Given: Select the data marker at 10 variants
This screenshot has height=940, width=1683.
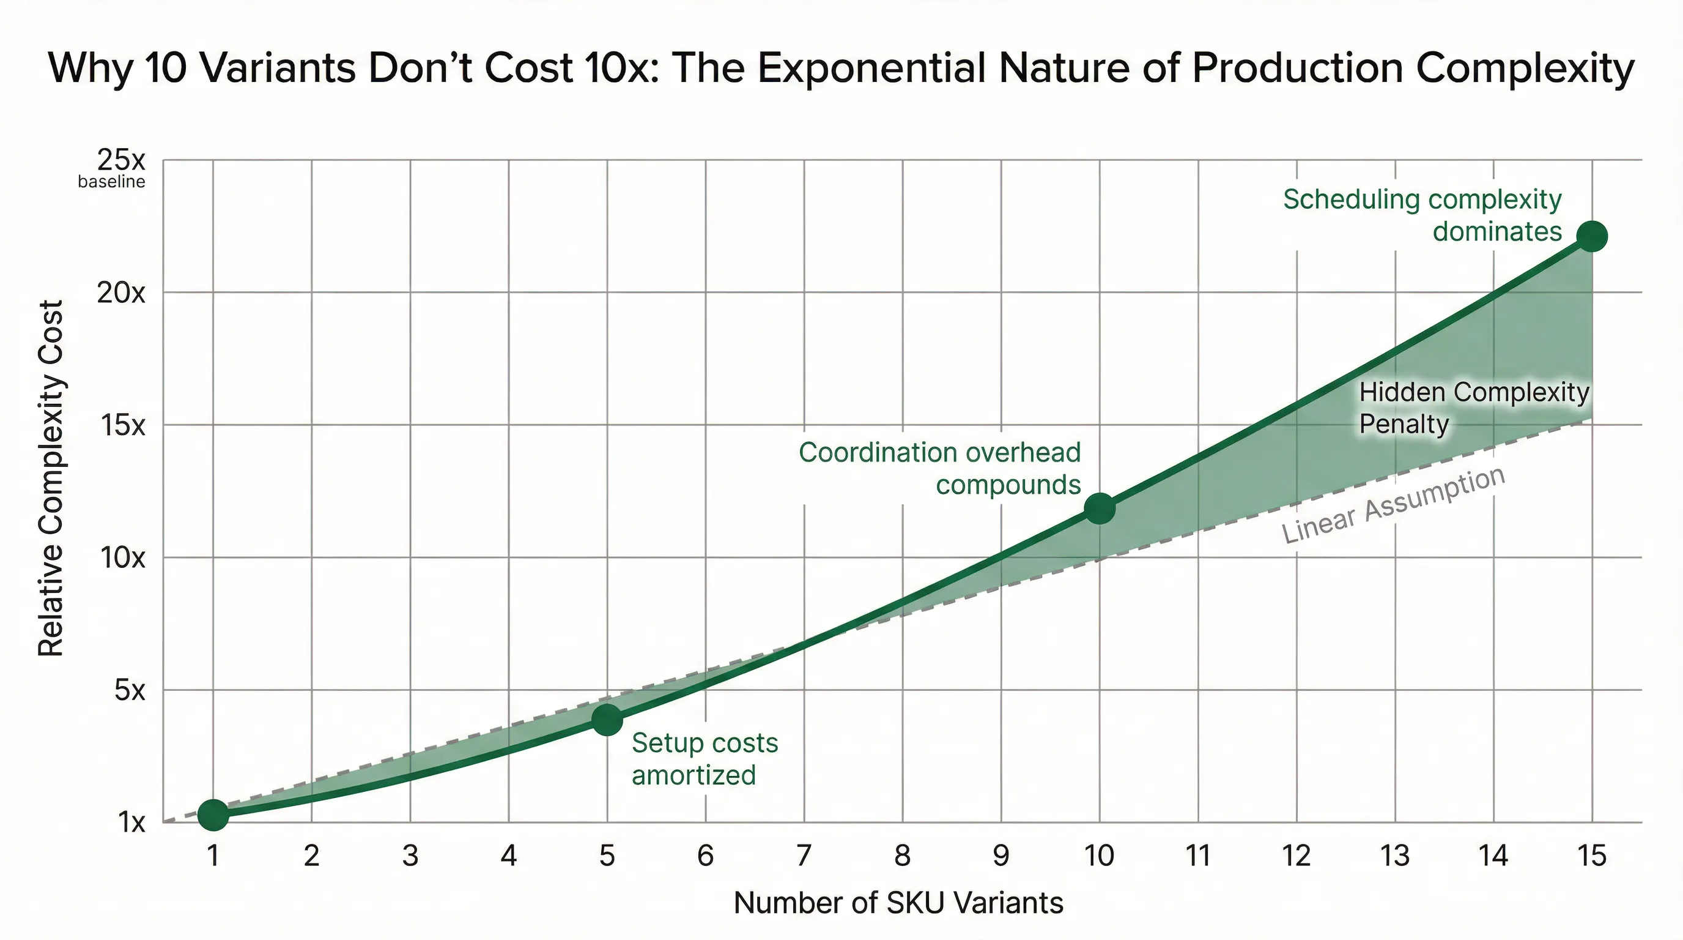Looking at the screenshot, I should [x=1100, y=508].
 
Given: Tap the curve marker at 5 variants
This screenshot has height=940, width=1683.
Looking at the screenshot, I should [x=607, y=719].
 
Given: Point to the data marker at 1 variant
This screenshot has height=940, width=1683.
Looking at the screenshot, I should [x=213, y=815].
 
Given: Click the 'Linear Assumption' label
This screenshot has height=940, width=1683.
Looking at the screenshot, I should [x=1393, y=505].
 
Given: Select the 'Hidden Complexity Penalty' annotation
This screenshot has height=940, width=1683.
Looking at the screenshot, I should [x=1473, y=408].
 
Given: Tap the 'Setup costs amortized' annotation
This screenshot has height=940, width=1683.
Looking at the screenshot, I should [x=705, y=759].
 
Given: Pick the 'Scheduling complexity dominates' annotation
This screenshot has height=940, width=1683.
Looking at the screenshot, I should [x=1422, y=215].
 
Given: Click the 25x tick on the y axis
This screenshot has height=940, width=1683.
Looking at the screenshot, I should [x=121, y=160].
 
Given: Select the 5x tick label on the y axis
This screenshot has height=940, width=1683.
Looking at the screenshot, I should [x=130, y=690].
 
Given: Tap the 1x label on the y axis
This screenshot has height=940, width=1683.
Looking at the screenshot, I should [x=131, y=822].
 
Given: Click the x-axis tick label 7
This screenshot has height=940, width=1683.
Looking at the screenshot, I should [x=804, y=856].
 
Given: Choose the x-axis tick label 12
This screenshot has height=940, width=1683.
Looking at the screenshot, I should [x=1296, y=856].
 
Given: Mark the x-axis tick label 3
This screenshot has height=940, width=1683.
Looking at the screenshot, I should [x=410, y=856].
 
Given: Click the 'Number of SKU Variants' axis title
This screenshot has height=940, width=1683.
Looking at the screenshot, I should [x=898, y=903].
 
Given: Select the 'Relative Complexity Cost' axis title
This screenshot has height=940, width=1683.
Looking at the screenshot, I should [x=50, y=479].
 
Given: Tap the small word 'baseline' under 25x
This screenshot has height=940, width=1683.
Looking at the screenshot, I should [x=111, y=182].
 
